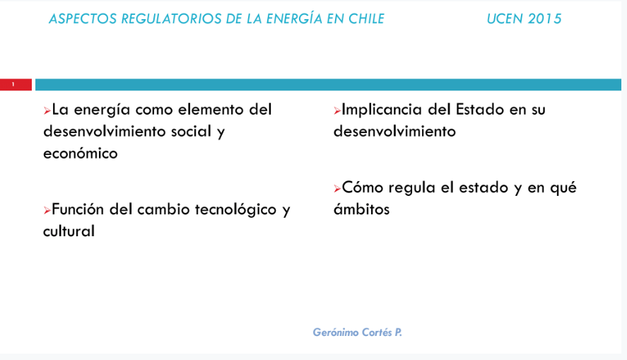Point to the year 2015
coord(544,19)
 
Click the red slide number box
coord(16,84)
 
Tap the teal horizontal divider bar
coord(328,84)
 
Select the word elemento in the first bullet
coord(211,110)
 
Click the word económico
coord(81,153)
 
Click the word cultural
coord(69,231)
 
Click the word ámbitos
coord(361,209)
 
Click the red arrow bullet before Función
coord(47,210)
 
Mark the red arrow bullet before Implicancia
coord(337,111)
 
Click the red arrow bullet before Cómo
coord(337,188)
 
